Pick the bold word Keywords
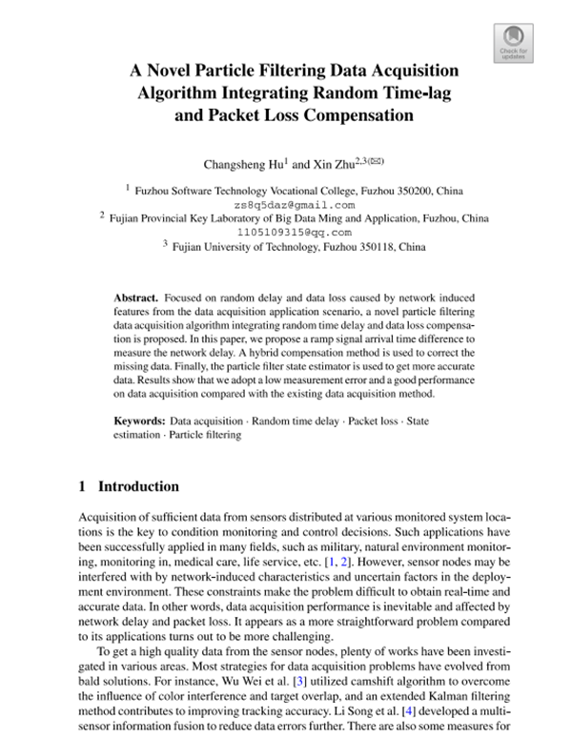pos(139,420)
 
